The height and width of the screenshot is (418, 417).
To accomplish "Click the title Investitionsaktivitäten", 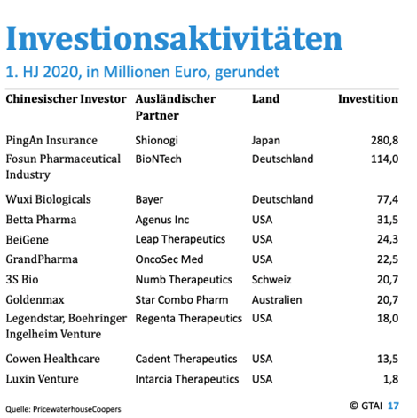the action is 174,38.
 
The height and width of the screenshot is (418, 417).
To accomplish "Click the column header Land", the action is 265,98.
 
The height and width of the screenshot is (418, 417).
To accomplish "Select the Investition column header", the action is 368,98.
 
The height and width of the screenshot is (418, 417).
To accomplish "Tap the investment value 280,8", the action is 384,140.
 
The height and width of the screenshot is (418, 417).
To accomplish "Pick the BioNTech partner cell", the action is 158,159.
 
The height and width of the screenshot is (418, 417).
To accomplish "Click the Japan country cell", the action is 266,141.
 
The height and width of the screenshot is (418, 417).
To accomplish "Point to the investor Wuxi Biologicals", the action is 49,199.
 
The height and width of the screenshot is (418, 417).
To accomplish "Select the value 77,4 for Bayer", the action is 388,199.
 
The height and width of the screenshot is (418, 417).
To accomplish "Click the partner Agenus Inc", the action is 162,220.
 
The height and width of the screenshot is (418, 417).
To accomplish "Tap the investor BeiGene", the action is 28,240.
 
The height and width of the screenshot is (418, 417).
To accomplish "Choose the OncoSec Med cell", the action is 169,259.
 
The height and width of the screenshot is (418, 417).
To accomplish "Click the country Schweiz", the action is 271,279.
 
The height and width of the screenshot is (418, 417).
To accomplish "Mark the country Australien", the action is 277,299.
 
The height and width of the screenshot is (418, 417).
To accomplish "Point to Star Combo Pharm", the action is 182,299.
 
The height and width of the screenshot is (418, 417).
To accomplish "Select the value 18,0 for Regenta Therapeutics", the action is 388,319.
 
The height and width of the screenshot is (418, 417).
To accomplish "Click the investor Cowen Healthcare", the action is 53,359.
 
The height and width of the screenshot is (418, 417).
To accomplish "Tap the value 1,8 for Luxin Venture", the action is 390,379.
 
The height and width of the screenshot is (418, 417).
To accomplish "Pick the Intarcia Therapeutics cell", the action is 187,379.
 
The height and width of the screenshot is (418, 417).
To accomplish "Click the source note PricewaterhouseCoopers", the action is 77,409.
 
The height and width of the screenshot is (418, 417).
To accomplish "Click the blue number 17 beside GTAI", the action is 393,406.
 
